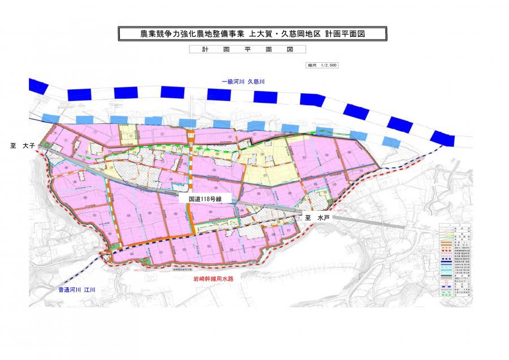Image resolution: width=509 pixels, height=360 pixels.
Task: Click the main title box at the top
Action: pyautogui.click(x=252, y=34)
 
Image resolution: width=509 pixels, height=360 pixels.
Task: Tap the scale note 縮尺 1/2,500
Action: pyautogui.click(x=322, y=65)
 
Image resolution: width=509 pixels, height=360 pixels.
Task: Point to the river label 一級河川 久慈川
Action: pyautogui.click(x=243, y=82)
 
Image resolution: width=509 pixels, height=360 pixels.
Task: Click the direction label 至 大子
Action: pyautogui.click(x=23, y=146)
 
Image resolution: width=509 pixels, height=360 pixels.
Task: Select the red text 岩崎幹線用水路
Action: pyautogui.click(x=212, y=279)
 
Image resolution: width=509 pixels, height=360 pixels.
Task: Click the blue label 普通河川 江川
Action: pyautogui.click(x=77, y=290)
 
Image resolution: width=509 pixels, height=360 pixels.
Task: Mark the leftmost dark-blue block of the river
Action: pyautogui.click(x=39, y=85)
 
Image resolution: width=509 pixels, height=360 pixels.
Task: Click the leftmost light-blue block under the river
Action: pyautogui.click(x=50, y=117)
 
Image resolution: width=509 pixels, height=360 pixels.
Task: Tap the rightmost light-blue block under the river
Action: pyautogui.click(x=389, y=140)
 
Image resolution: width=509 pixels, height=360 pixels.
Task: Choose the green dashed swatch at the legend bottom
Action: pyautogui.click(x=447, y=296)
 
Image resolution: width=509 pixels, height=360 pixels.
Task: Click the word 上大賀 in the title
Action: pyautogui.click(x=261, y=34)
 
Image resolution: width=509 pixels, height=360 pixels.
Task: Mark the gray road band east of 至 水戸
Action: pyautogui.click(x=368, y=223)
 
